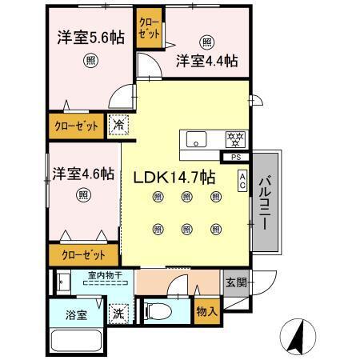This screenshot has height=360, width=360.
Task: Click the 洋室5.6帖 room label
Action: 90,38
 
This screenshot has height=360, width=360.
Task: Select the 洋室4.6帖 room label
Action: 84,173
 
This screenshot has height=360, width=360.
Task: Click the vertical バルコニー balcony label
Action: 263,199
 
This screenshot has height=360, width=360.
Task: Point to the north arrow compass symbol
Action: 295,336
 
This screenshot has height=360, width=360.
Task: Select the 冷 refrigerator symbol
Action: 118,126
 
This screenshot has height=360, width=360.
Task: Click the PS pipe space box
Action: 236,157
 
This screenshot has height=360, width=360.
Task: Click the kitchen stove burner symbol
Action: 235,138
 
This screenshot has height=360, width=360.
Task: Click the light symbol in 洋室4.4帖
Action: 207,42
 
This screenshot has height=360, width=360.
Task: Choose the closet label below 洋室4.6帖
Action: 81,255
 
